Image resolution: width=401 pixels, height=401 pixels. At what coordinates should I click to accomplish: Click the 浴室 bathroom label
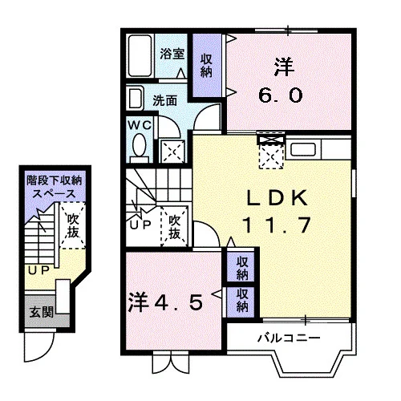tap(172, 54)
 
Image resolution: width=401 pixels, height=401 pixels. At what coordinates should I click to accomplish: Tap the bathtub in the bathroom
tap(140, 55)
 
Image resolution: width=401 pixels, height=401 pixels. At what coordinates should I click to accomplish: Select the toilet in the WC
tap(140, 148)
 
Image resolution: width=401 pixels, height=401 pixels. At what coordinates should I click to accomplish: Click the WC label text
tap(140, 125)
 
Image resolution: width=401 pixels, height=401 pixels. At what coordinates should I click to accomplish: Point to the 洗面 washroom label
tap(164, 101)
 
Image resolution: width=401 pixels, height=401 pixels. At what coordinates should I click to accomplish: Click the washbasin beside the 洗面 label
tap(136, 99)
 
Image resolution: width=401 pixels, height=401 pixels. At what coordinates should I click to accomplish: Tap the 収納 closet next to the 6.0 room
tap(207, 66)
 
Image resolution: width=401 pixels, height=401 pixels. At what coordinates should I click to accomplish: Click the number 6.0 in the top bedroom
tap(281, 95)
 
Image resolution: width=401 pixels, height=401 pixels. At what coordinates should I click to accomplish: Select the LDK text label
tap(277, 198)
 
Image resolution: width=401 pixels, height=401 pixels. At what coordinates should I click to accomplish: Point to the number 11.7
tap(277, 225)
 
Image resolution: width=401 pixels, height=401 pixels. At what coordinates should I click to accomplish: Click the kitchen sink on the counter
tap(303, 149)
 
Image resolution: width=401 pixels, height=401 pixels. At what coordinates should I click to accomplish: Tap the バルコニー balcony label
tap(289, 338)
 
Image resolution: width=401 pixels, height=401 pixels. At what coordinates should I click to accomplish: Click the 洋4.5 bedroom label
tap(165, 302)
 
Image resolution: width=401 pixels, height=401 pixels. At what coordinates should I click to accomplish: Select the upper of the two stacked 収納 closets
tap(242, 269)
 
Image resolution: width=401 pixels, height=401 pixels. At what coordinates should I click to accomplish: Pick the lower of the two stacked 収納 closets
tap(242, 300)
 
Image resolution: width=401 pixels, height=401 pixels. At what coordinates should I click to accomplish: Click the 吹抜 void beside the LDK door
tap(174, 227)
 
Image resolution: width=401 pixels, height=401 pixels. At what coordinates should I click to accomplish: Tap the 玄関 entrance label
tap(42, 312)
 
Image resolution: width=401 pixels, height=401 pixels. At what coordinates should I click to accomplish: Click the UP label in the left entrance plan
tap(39, 271)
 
